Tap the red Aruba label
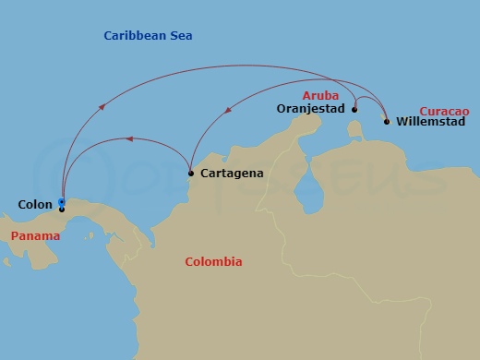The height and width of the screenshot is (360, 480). (320, 96)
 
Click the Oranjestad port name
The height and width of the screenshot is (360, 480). (310, 109)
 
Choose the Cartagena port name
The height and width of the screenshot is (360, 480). (232, 173)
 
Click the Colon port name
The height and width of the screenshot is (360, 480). (34, 205)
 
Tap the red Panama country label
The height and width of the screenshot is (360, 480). (36, 236)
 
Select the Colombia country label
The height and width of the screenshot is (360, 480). (213, 262)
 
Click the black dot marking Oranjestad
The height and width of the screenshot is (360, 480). (354, 109)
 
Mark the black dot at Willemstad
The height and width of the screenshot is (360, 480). (386, 121)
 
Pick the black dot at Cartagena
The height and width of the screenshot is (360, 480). (191, 173)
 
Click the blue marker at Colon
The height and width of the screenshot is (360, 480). (61, 201)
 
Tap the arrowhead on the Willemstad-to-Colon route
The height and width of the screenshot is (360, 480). (102, 107)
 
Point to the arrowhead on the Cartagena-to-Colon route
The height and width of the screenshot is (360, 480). (129, 139)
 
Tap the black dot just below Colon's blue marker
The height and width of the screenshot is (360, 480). (61, 210)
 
